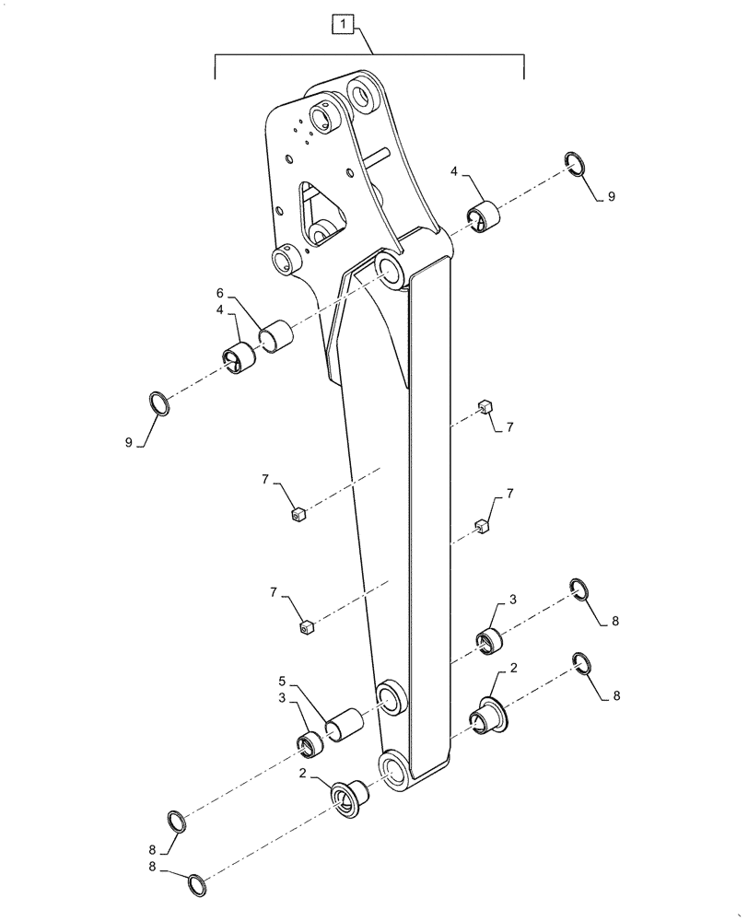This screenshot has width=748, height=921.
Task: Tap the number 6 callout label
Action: [x=220, y=293]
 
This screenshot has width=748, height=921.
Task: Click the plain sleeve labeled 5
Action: [x=345, y=722]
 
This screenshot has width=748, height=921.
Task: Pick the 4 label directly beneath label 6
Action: [x=220, y=310]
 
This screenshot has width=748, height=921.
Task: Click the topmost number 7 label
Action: [x=508, y=426]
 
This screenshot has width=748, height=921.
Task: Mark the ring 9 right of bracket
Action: [x=573, y=166]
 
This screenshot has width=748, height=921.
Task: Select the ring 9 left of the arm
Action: [x=159, y=402]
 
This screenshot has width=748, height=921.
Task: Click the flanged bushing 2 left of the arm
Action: [x=348, y=795]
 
